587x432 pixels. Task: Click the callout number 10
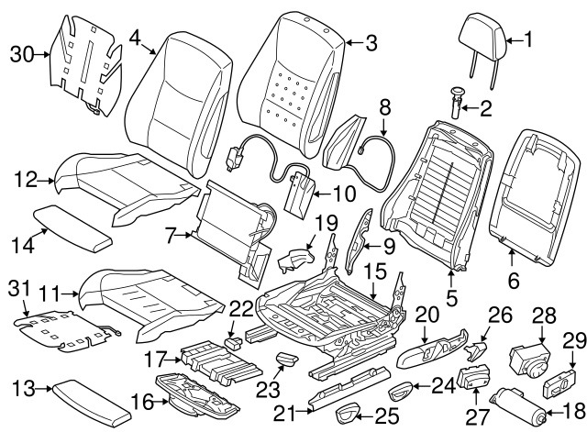[344, 194]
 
